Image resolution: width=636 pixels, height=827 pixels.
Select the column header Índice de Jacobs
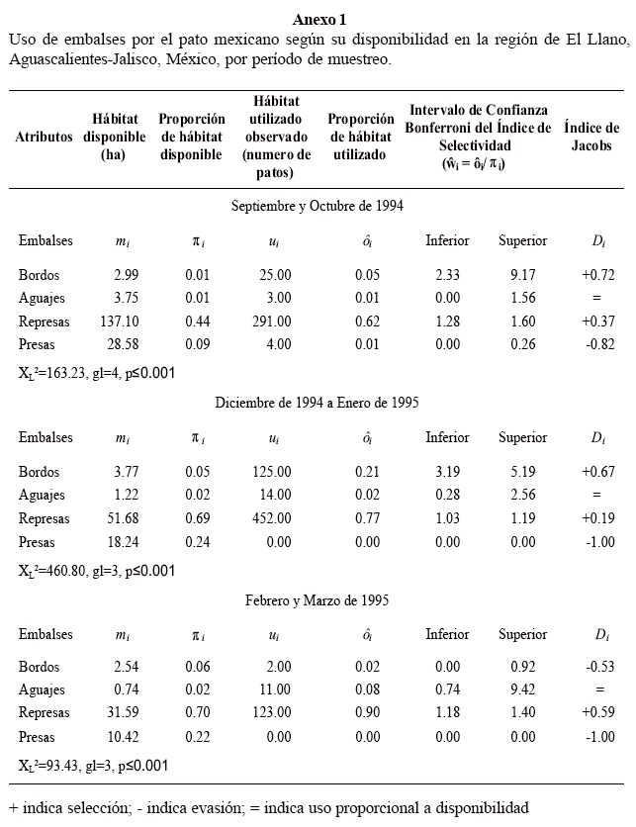(591, 137)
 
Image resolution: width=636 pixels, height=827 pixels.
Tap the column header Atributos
(44, 137)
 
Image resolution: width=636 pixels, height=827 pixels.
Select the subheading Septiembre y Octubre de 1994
(317, 206)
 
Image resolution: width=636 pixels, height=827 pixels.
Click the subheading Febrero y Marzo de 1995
(317, 599)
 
